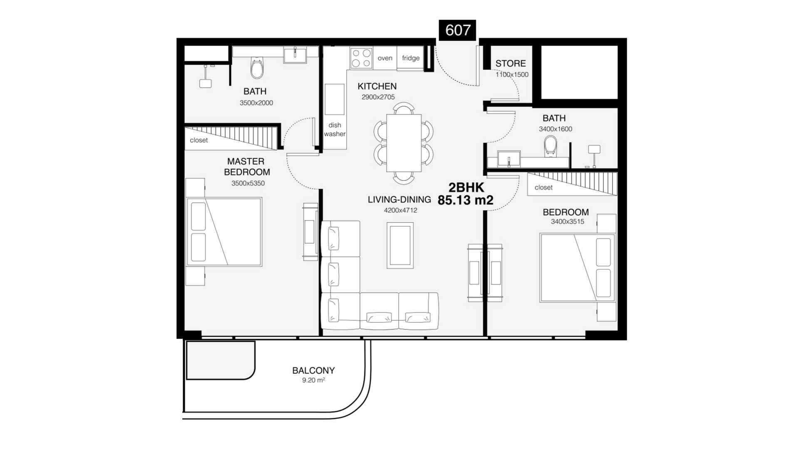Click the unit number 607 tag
(x=457, y=30)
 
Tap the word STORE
(x=511, y=64)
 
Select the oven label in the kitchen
(x=385, y=58)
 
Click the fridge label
(x=411, y=58)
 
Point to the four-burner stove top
(x=361, y=58)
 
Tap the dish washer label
(x=335, y=129)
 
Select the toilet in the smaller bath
(x=551, y=146)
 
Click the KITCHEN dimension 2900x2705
(x=378, y=97)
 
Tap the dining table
(x=404, y=143)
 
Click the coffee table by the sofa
(x=400, y=245)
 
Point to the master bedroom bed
(x=224, y=232)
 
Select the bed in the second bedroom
(x=578, y=267)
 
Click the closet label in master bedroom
(x=199, y=141)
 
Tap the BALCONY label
(x=313, y=370)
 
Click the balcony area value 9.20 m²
(x=313, y=380)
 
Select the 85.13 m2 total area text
(x=465, y=200)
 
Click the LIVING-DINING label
(x=399, y=200)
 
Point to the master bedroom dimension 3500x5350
(x=248, y=183)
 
